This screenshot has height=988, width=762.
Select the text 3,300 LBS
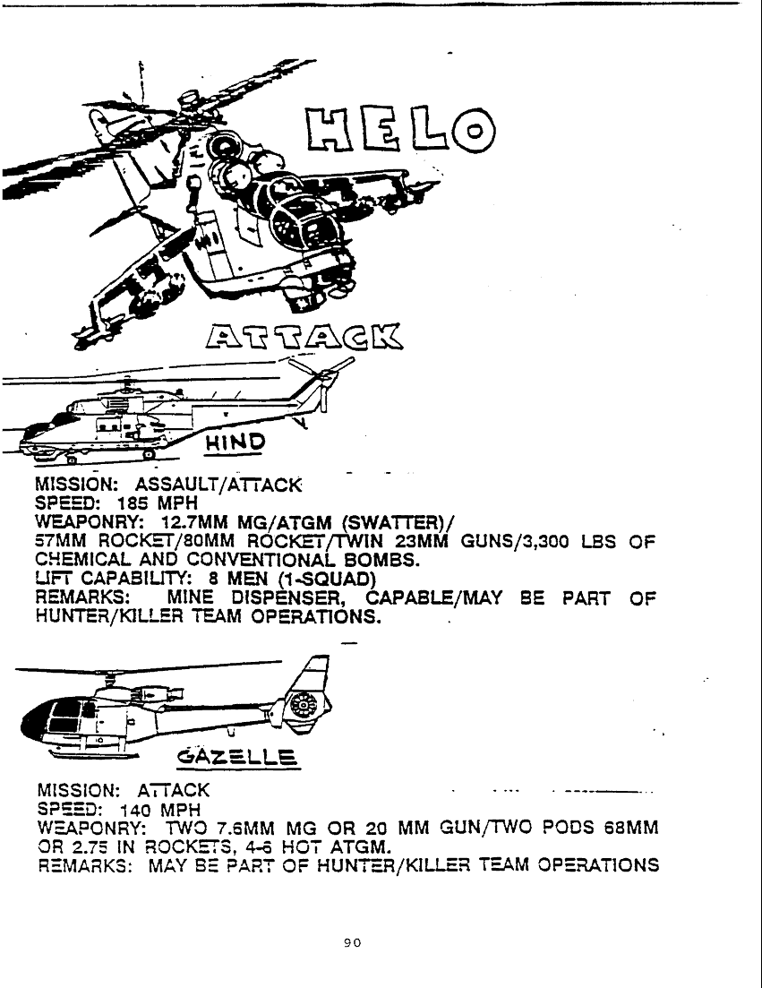[546, 542]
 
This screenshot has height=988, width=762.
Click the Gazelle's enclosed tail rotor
[307, 709]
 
